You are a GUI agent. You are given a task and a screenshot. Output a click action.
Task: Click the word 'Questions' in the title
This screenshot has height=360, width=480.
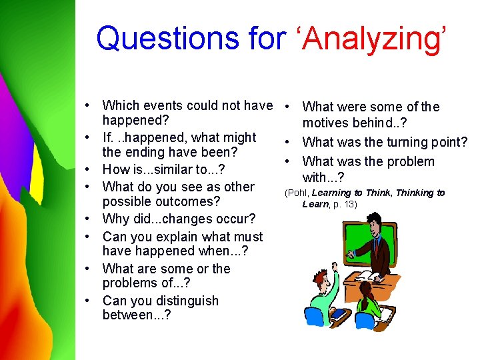pyautogui.click(x=175, y=38)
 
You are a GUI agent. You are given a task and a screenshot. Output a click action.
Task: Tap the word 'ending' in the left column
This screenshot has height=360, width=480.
pyautogui.click(x=147, y=153)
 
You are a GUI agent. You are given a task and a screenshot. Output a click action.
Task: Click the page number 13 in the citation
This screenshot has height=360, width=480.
pyautogui.click(x=351, y=205)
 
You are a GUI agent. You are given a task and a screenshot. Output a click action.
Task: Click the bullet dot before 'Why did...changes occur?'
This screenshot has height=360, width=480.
pyautogui.click(x=88, y=219)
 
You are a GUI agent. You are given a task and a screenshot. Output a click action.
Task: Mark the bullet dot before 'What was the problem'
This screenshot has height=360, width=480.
pyautogui.click(x=286, y=162)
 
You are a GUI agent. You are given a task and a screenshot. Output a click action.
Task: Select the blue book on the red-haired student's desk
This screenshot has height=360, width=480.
pyautogui.click(x=338, y=313)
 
